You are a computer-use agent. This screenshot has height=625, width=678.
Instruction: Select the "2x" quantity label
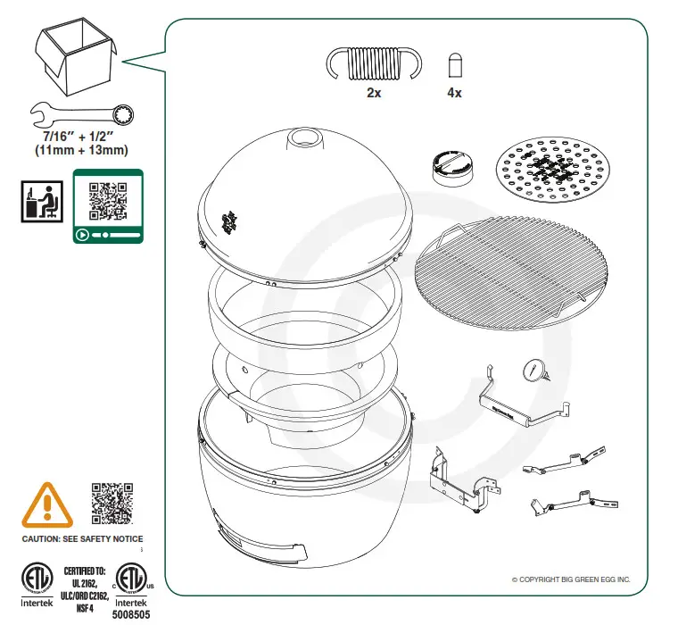coord(374,94)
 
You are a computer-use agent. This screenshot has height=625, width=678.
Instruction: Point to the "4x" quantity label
coord(454,94)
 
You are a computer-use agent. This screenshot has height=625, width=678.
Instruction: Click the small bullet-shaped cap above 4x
coord(454,67)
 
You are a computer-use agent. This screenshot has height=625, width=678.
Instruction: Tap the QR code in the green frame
coord(108,200)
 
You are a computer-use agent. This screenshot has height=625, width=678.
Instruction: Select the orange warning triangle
coord(46,504)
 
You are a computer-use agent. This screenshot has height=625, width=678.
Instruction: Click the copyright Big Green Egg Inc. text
coord(571,580)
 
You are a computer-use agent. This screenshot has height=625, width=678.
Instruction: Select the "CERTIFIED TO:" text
coord(84,569)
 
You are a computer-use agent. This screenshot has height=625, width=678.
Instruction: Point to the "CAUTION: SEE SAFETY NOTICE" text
coord(82,539)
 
